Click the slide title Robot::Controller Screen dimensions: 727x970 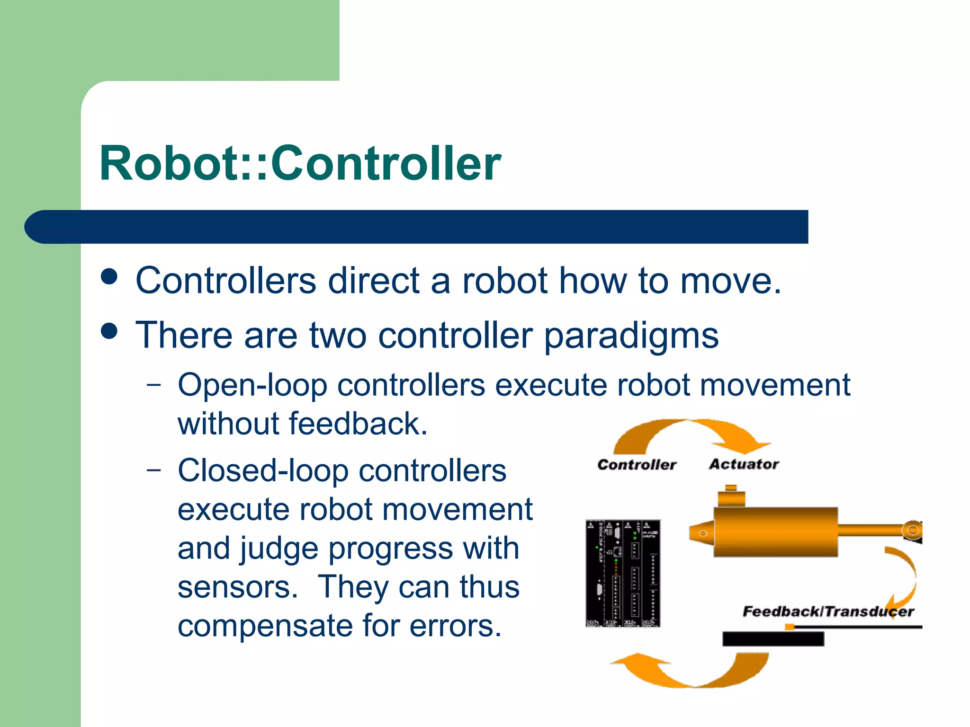point(300,163)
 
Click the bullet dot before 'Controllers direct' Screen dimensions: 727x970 point(109,276)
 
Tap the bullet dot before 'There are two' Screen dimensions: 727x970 point(109,331)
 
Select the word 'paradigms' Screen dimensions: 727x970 point(631,336)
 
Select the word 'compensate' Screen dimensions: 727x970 point(264,627)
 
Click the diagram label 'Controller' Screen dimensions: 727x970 point(637,465)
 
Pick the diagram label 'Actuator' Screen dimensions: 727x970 point(744,464)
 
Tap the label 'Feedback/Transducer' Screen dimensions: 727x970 point(828,612)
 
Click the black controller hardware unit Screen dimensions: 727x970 point(623,573)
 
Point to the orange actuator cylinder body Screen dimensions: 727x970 point(775,532)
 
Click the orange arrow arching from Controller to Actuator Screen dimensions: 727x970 point(692,433)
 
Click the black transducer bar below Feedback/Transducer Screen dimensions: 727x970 point(773,639)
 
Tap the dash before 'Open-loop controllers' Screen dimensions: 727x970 point(153,385)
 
